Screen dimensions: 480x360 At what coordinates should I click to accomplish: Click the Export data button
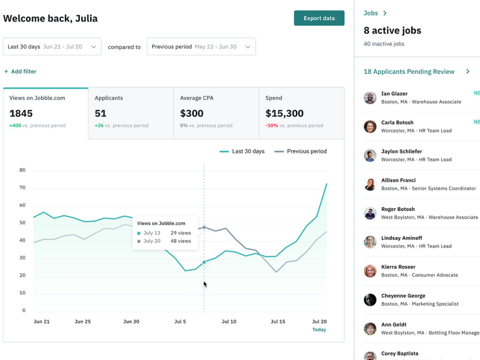point(319,18)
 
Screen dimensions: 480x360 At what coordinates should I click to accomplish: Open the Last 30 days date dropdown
point(52,47)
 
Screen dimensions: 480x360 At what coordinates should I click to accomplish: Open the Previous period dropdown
point(201,47)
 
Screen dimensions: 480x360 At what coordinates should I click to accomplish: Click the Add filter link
point(20,72)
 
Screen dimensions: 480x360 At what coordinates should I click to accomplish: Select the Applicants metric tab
point(131,113)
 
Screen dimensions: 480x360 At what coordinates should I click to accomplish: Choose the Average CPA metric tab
point(216,113)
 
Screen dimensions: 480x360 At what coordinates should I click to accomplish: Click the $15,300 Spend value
point(284,113)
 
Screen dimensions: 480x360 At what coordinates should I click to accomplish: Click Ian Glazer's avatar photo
point(370,97)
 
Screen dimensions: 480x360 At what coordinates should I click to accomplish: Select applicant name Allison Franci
point(398,180)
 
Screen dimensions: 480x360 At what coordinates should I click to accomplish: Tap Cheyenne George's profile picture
point(370,300)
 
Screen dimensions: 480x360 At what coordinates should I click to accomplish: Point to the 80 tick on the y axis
point(23,170)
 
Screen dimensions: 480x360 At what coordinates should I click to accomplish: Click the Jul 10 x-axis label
point(229,322)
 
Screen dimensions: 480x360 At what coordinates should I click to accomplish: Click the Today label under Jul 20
point(319,329)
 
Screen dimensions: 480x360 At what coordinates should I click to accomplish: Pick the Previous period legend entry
point(300,151)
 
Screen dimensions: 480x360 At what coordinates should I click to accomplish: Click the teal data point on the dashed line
point(204,262)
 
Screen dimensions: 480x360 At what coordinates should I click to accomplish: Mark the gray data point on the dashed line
point(204,228)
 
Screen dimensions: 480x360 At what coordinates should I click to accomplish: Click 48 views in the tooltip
point(180,241)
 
